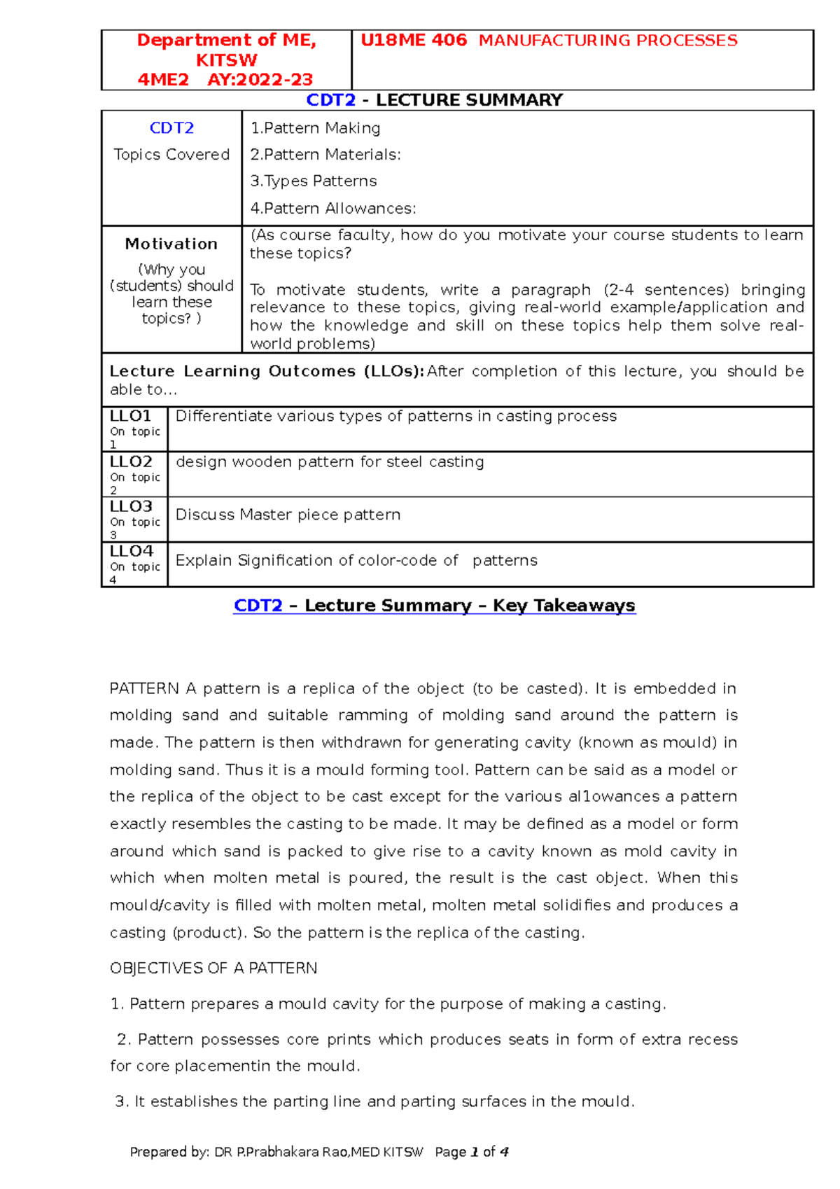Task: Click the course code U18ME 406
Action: point(413,41)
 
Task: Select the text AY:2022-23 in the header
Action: point(260,80)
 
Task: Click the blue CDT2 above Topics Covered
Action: point(171,128)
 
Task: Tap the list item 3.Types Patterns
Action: point(314,181)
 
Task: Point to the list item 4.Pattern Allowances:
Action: point(333,209)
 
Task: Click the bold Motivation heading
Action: point(171,244)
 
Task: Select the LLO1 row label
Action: point(130,416)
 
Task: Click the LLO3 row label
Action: point(131,506)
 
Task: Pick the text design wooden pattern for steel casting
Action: point(330,462)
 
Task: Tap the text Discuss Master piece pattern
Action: point(288,515)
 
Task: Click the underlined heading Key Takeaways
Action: point(563,606)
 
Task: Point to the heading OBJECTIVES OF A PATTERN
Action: point(213,968)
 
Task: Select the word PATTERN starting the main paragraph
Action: point(144,688)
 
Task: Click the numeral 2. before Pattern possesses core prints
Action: point(125,1040)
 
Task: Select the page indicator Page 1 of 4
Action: point(471,1152)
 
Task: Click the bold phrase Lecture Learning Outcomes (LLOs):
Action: point(267,371)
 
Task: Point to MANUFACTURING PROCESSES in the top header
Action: point(608,41)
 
